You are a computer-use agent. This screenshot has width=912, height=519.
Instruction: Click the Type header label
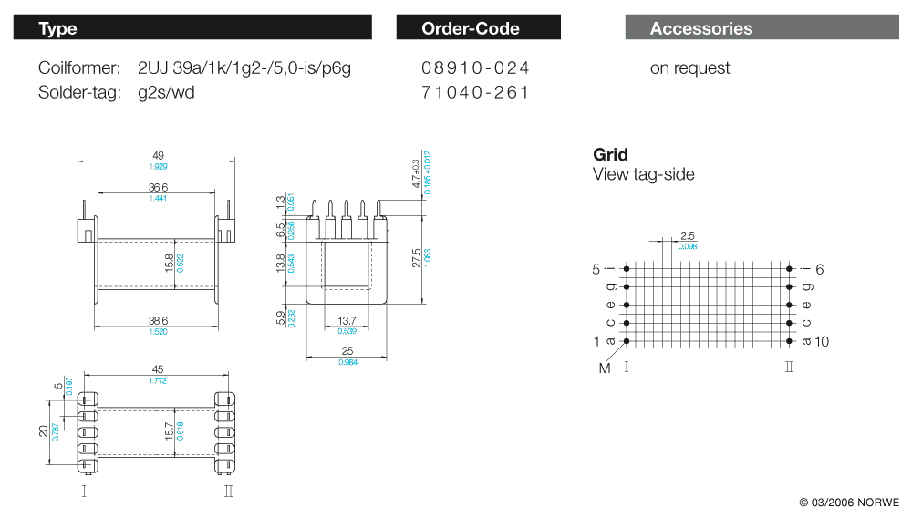point(57,28)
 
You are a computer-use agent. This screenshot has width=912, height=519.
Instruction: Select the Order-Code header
point(471,28)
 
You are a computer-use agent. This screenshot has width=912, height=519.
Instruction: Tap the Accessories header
point(700,28)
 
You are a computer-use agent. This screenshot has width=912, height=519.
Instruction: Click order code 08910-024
point(475,68)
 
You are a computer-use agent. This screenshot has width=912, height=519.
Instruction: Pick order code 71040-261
point(475,92)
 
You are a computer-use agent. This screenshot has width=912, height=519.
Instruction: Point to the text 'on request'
point(689,68)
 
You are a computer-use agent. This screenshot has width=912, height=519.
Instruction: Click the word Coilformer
point(79,68)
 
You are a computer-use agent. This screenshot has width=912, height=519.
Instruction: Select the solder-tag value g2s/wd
point(166,92)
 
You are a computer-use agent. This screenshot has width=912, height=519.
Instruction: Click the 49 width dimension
point(158,154)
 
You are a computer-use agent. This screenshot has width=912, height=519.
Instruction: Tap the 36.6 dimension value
point(158,187)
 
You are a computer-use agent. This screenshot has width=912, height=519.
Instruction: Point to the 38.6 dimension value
point(158,321)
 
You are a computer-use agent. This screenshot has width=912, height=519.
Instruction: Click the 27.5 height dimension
point(417,258)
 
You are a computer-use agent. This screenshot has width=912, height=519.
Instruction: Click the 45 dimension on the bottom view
point(158,369)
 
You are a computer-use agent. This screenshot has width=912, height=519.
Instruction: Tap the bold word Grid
point(610,154)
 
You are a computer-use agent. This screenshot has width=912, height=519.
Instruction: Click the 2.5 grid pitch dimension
point(687,235)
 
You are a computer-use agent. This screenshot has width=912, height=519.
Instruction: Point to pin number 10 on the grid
point(822,342)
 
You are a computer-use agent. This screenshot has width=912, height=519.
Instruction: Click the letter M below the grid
point(603,368)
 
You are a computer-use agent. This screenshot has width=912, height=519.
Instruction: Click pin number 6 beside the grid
point(820,269)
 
